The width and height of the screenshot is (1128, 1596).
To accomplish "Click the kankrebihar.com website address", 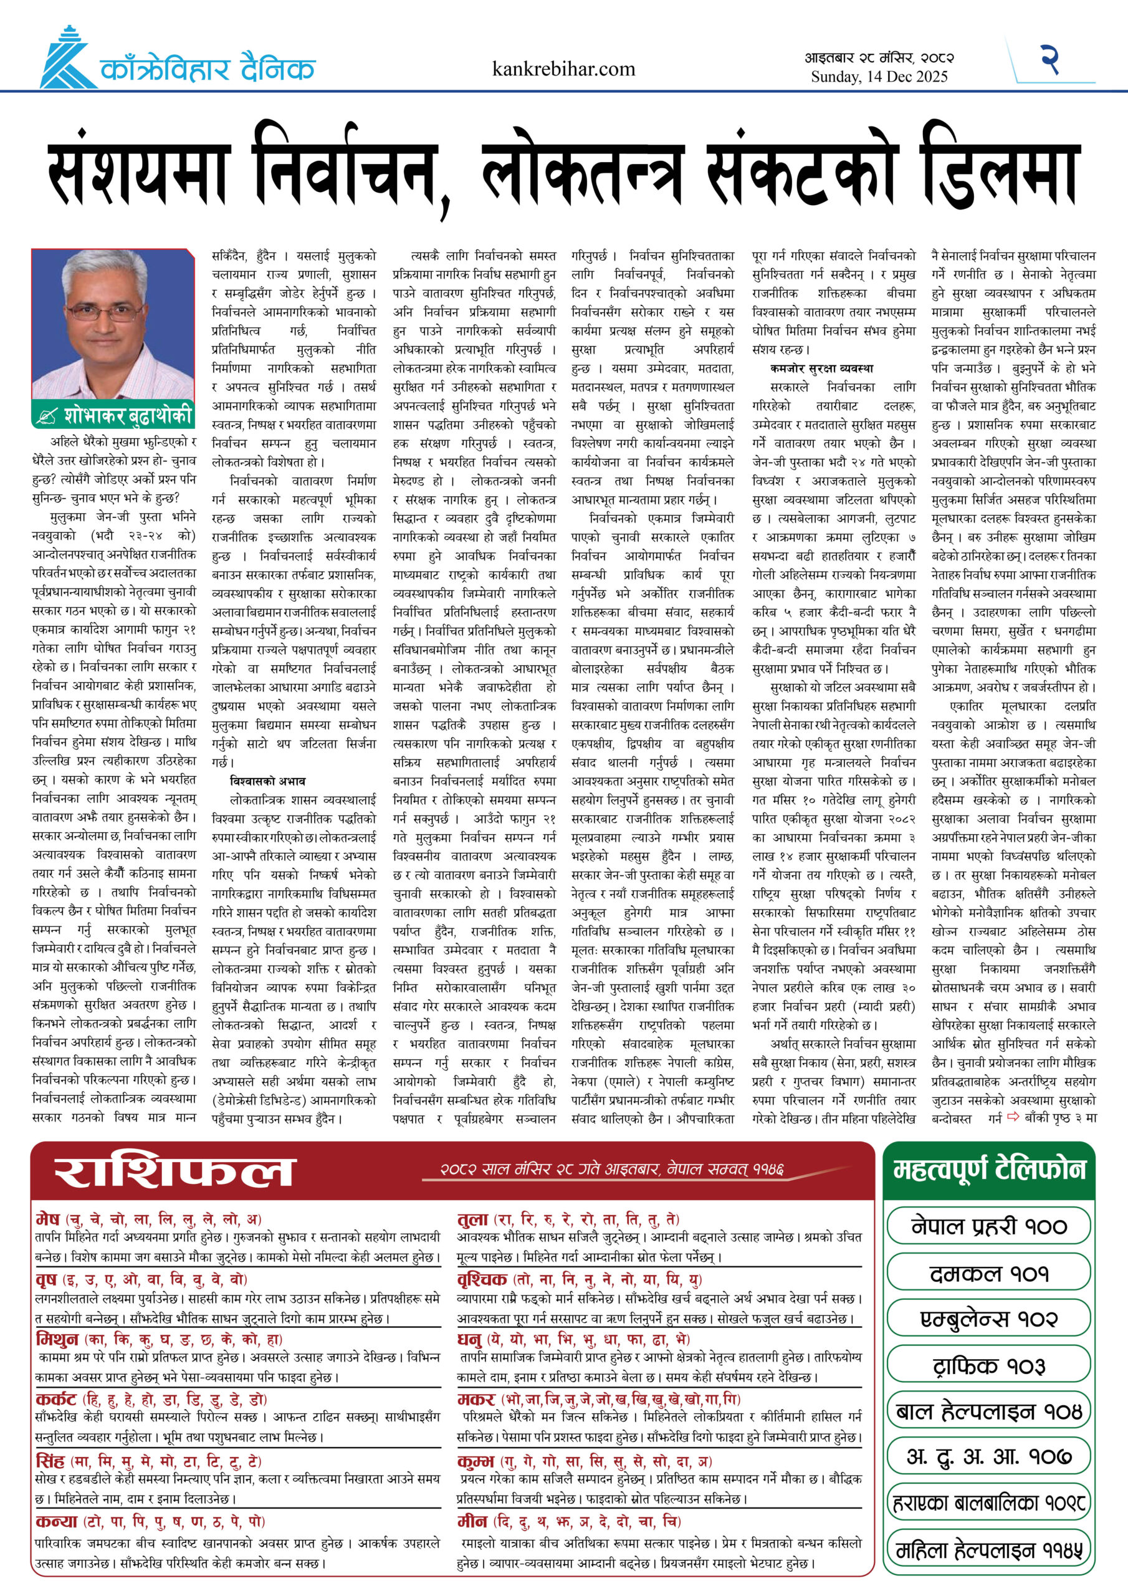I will pos(563,69).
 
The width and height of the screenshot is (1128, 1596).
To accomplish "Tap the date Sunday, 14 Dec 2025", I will pos(879,77).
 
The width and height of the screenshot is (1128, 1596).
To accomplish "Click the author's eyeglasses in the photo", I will pos(113,312).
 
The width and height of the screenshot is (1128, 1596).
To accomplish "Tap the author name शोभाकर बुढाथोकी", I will pos(127,416).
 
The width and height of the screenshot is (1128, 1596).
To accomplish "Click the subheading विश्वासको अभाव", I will pos(267,781).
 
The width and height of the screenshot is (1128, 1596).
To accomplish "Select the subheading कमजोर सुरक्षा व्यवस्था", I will pos(821,368).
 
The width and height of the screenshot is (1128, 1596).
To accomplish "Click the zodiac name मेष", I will pos(47,1219).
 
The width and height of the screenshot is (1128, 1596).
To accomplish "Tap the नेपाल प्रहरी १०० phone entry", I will pos(988,1226).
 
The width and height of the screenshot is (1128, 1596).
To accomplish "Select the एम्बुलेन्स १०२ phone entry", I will pos(988,1319).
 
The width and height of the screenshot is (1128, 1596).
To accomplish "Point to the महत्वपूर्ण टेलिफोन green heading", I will pos(988,1171).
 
